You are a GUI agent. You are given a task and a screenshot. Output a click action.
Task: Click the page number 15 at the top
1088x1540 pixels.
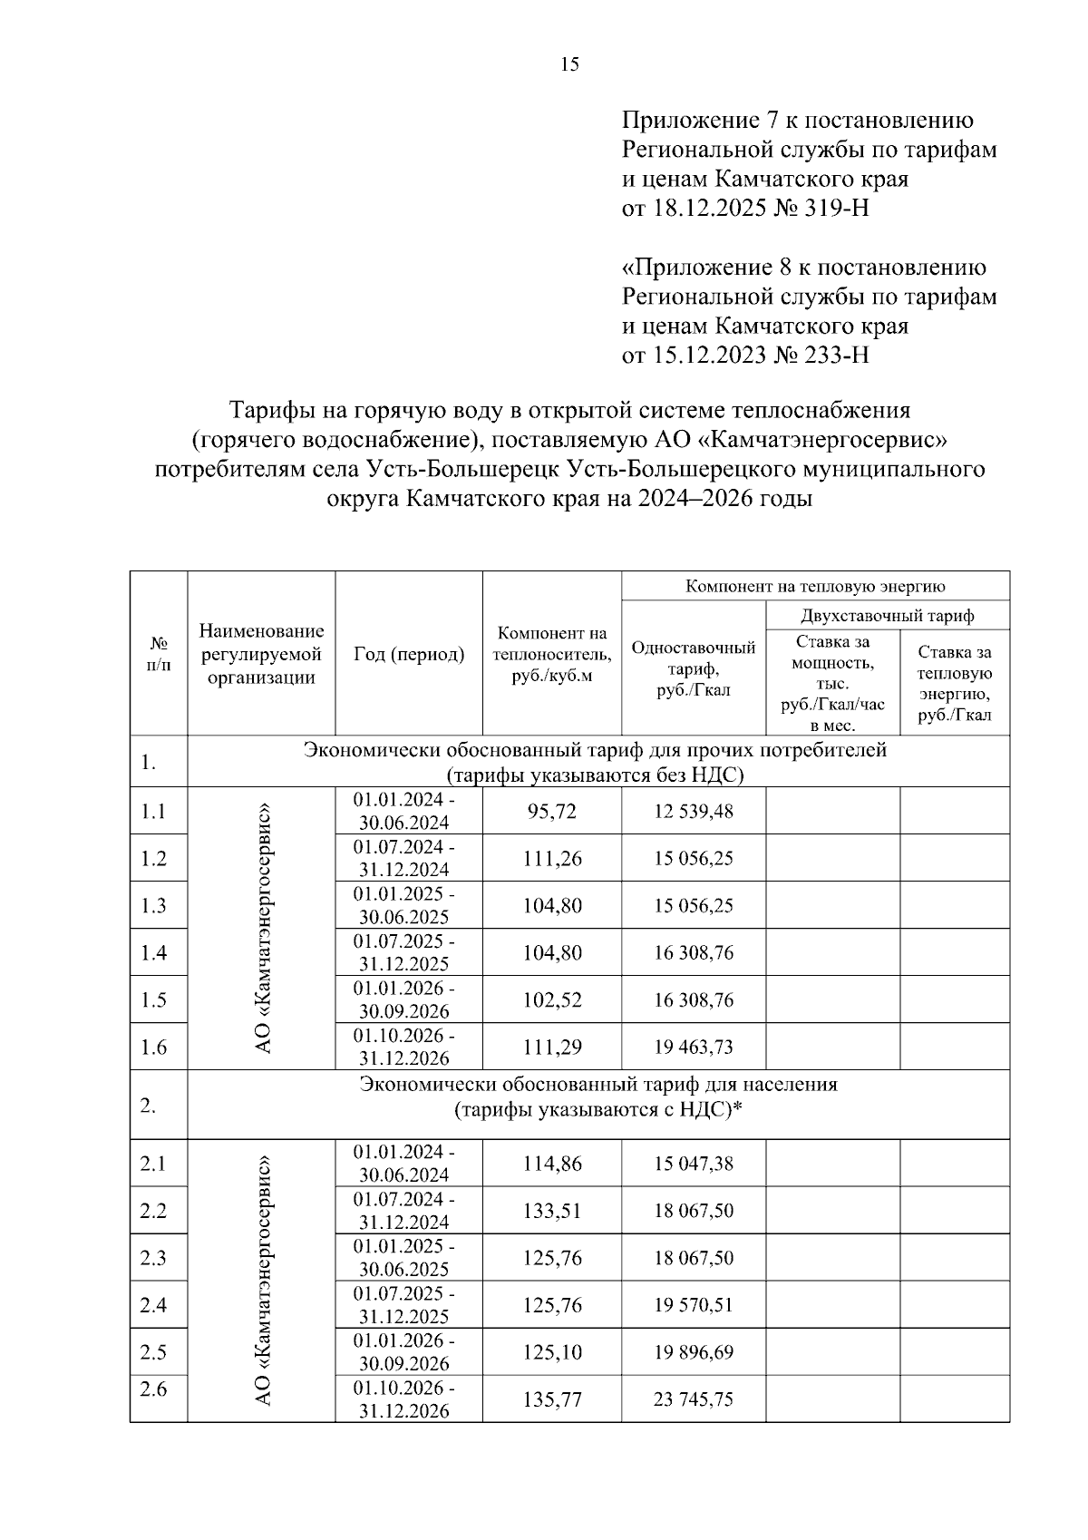pos(569,64)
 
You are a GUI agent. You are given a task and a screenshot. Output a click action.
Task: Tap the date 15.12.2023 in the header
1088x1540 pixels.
pos(709,355)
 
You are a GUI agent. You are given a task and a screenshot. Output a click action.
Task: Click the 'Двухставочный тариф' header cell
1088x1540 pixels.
pos(887,616)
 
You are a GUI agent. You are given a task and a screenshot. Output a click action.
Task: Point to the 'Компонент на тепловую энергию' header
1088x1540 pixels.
pos(815,586)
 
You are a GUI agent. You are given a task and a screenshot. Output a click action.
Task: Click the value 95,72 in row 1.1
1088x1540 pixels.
pos(551,812)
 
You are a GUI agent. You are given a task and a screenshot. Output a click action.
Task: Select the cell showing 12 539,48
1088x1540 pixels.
pos(694,812)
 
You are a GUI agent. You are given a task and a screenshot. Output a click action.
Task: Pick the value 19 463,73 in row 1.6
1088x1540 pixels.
pos(694,1048)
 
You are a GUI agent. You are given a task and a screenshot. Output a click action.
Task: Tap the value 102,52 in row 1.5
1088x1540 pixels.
pos(551,1000)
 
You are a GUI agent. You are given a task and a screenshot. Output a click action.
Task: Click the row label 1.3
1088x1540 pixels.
pos(154,906)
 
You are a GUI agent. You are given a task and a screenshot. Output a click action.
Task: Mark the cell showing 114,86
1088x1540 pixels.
pos(551,1164)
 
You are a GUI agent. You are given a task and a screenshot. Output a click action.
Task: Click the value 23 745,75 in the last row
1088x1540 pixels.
pos(694,1399)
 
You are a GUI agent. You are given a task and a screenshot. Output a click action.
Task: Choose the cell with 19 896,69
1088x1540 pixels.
pos(694,1352)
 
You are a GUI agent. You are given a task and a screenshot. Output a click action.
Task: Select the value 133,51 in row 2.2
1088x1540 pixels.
pos(551,1211)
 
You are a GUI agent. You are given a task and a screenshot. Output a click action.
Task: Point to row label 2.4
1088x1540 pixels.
pos(154,1305)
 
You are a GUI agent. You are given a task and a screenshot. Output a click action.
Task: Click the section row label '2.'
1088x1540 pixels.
pos(149,1106)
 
